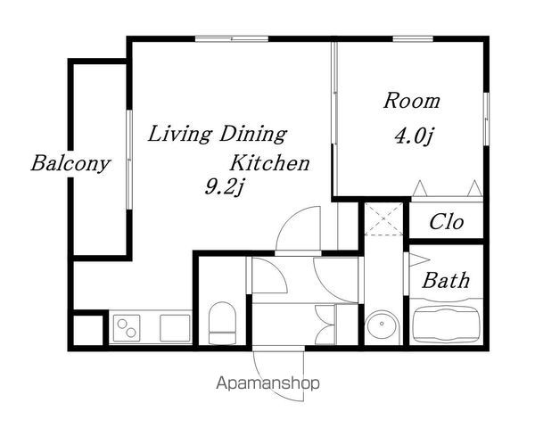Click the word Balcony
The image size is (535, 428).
click(70, 164)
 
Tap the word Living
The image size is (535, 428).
click(180, 134)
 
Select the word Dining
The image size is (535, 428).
click(253, 134)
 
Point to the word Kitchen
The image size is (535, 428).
click(269, 163)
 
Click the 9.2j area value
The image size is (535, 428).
click(225, 187)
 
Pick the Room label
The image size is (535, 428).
click(412, 101)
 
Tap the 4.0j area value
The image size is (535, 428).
click(415, 136)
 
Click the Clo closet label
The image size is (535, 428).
click(447, 222)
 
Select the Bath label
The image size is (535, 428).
click(446, 281)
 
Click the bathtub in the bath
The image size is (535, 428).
click(446, 324)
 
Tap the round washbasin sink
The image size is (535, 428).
click(382, 324)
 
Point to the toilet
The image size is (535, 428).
click(222, 323)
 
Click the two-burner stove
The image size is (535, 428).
click(127, 328)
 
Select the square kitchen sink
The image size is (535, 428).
click(175, 328)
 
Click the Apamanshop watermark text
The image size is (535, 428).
click(267, 383)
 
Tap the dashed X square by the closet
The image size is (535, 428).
click(383, 218)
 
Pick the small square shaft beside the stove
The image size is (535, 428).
click(88, 331)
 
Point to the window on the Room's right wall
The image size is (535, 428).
click(486, 119)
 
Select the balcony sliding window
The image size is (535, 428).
click(129, 159)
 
